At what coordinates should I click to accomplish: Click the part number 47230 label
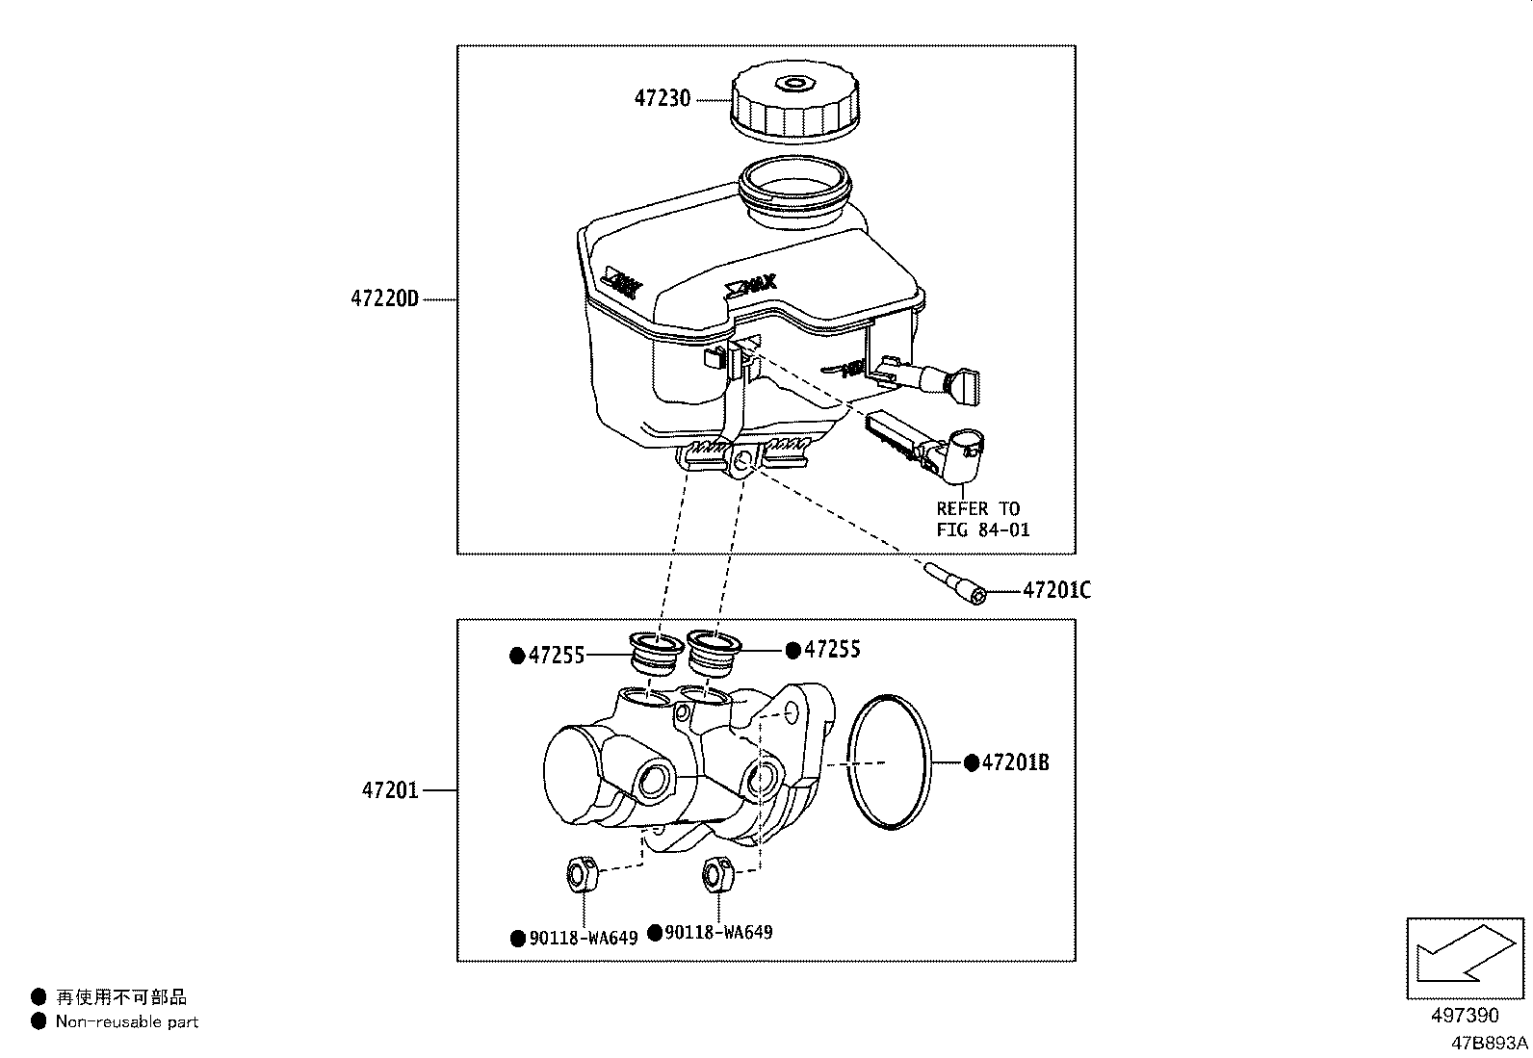tap(662, 99)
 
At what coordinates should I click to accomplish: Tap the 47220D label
tap(385, 298)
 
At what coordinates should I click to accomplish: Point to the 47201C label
tap(1056, 590)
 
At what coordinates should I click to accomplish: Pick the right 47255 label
tap(832, 650)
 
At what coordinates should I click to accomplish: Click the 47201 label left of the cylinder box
tap(390, 790)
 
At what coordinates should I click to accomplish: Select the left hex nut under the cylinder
tap(580, 874)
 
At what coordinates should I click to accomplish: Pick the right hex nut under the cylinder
tap(718, 873)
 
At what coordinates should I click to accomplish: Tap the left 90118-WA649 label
tap(583, 938)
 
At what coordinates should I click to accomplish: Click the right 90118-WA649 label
tap(717, 932)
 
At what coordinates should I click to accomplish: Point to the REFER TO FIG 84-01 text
tap(981, 519)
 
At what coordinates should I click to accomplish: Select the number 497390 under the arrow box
tap(1464, 1016)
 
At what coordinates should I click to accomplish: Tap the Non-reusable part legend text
tap(126, 1021)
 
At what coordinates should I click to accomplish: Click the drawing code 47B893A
tap(1491, 1043)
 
